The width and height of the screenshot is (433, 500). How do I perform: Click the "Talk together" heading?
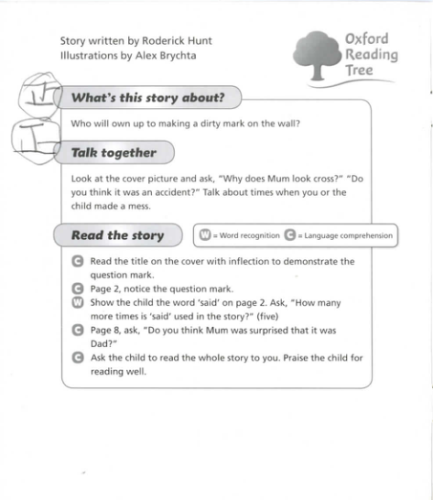pos(114,153)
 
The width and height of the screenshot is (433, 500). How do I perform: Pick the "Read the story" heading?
pos(117,235)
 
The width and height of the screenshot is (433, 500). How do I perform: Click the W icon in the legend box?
pos(206,235)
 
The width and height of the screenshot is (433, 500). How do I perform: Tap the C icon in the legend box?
pos(290,235)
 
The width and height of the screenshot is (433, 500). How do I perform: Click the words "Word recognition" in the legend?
pos(247,235)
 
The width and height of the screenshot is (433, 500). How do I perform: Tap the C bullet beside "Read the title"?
pos(78,262)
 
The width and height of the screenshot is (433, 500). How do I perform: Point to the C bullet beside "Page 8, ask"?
pos(78,332)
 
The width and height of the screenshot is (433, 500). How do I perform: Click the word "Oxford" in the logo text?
pos(366,38)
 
